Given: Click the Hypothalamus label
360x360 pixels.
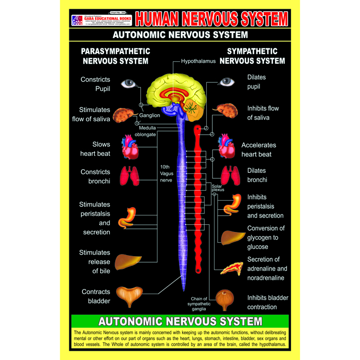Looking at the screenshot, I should [198, 61].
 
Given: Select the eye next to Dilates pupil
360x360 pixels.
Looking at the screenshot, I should [226, 81].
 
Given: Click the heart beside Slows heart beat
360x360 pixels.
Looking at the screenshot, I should [130, 147].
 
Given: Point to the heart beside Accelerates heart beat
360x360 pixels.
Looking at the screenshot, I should [226, 147].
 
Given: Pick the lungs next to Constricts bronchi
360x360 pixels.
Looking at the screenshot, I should [130, 176].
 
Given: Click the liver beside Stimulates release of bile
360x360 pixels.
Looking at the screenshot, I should [127, 261].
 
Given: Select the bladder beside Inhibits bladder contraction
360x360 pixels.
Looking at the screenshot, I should [226, 300].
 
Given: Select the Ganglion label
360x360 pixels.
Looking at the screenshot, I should [150, 115].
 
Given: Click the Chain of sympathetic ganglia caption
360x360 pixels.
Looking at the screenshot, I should [199, 303].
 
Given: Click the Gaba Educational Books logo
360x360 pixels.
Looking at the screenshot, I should [77, 21].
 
